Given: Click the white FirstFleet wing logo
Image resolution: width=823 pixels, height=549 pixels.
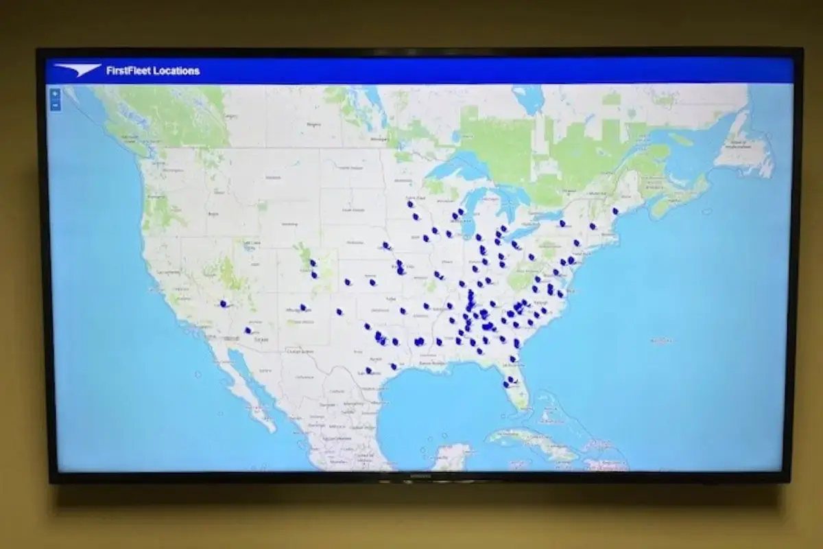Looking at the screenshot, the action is (x=77, y=70).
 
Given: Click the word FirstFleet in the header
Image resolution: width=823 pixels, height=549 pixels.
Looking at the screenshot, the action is (x=129, y=71).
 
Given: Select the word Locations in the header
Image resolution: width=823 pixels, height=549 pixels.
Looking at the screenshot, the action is (x=177, y=71).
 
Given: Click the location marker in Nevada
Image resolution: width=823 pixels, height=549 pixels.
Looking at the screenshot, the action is (x=223, y=303).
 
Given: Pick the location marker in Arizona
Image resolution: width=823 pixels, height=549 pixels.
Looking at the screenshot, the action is (x=248, y=331).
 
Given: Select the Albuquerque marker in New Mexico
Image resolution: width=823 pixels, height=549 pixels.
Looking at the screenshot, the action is (x=302, y=307).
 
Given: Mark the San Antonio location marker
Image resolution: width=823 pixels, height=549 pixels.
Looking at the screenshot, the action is (x=368, y=371).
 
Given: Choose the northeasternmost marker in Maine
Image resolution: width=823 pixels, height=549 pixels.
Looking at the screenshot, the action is (x=615, y=211).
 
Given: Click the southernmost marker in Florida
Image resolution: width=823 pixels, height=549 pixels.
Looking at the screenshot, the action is (x=506, y=384).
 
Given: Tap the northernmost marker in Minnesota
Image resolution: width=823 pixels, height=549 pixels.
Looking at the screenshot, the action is (x=410, y=204).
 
